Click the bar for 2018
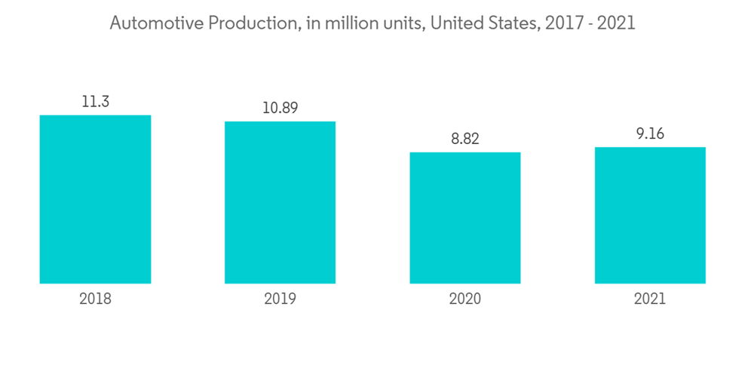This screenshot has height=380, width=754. [95, 199]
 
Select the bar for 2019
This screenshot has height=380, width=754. [280, 202]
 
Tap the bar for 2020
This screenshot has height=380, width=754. [465, 218]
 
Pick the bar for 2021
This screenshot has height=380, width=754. [650, 215]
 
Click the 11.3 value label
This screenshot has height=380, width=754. [95, 102]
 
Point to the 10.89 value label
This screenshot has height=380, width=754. [280, 108]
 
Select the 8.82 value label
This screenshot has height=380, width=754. [465, 139]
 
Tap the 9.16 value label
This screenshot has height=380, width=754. [650, 134]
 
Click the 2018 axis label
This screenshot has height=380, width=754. [95, 299]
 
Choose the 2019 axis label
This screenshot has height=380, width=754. [280, 299]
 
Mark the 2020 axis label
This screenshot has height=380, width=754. [465, 299]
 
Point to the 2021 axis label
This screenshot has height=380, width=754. [650, 299]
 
